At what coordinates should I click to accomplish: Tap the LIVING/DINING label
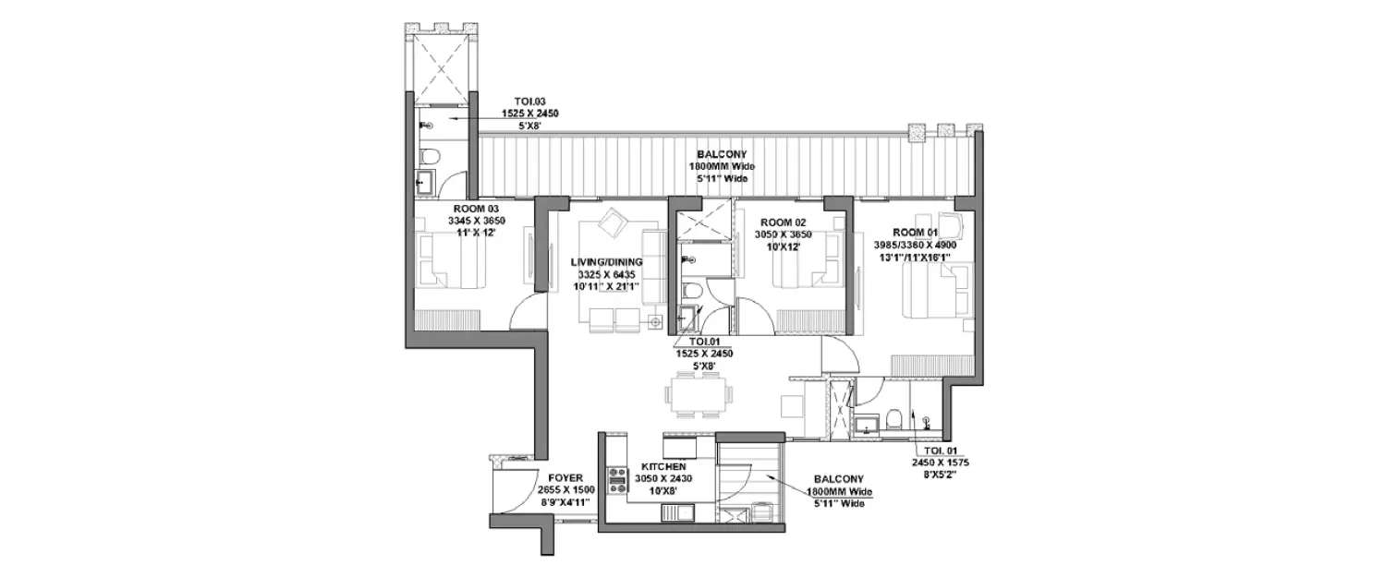tap(606, 262)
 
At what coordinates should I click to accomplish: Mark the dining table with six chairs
tap(699, 395)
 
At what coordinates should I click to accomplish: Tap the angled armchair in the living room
tap(612, 223)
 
